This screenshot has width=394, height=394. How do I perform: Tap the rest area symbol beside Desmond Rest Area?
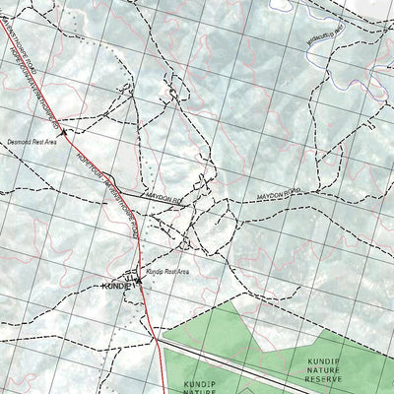click(x=63, y=131)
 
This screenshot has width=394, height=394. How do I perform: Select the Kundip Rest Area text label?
click(x=166, y=270)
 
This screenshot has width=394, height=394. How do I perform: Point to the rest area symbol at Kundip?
click(x=139, y=280)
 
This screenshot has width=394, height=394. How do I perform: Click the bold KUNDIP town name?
click(x=115, y=286)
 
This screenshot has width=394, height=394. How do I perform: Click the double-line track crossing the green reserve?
click(x=256, y=363)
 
